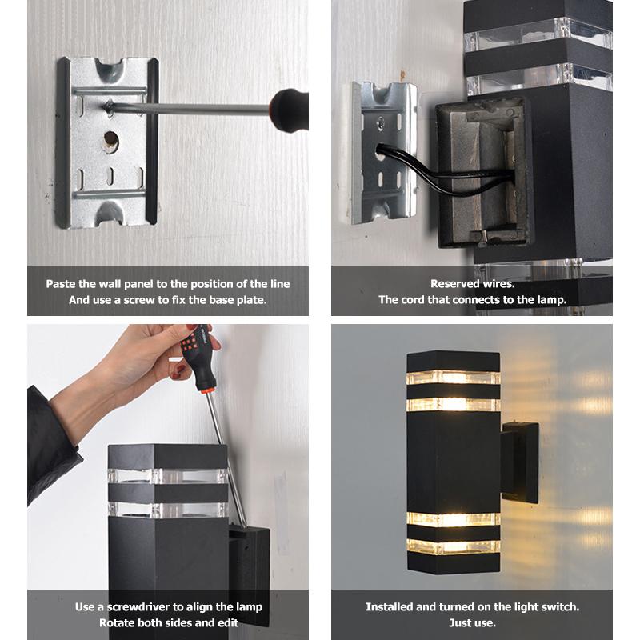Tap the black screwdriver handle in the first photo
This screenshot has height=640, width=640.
click(x=289, y=110)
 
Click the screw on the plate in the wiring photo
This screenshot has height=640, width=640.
click(x=381, y=122)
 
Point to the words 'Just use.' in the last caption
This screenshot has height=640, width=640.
click(x=472, y=623)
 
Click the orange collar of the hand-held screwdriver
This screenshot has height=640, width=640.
click(x=207, y=391)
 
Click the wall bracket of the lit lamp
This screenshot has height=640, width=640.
click(x=520, y=462)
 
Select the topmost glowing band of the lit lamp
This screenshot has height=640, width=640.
click(x=454, y=378)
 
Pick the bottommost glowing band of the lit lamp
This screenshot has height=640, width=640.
click(x=454, y=547)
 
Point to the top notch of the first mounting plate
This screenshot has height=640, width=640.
click(x=110, y=68)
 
